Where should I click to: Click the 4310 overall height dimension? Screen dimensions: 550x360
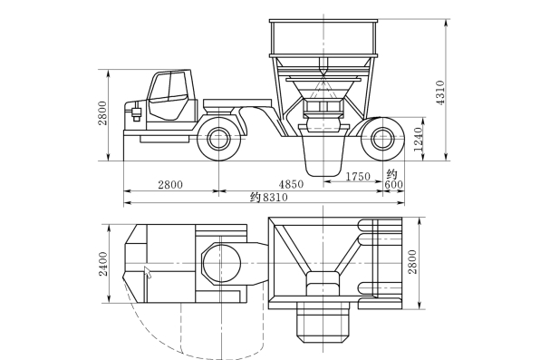coord(440,92)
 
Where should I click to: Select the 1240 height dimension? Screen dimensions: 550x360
coord(419,140)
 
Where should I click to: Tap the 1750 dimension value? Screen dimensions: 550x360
coord(358,176)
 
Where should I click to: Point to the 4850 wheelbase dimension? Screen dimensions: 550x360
coord(291,184)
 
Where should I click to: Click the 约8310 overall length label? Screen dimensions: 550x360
coord(269,197)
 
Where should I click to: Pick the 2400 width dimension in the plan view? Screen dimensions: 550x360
coord(103,264)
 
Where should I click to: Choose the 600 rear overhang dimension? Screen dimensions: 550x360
coord(393,184)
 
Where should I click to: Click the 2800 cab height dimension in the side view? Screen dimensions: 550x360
coord(102,113)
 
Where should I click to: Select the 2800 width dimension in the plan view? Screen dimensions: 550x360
coord(413,262)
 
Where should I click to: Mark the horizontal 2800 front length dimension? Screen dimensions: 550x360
coord(170,185)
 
